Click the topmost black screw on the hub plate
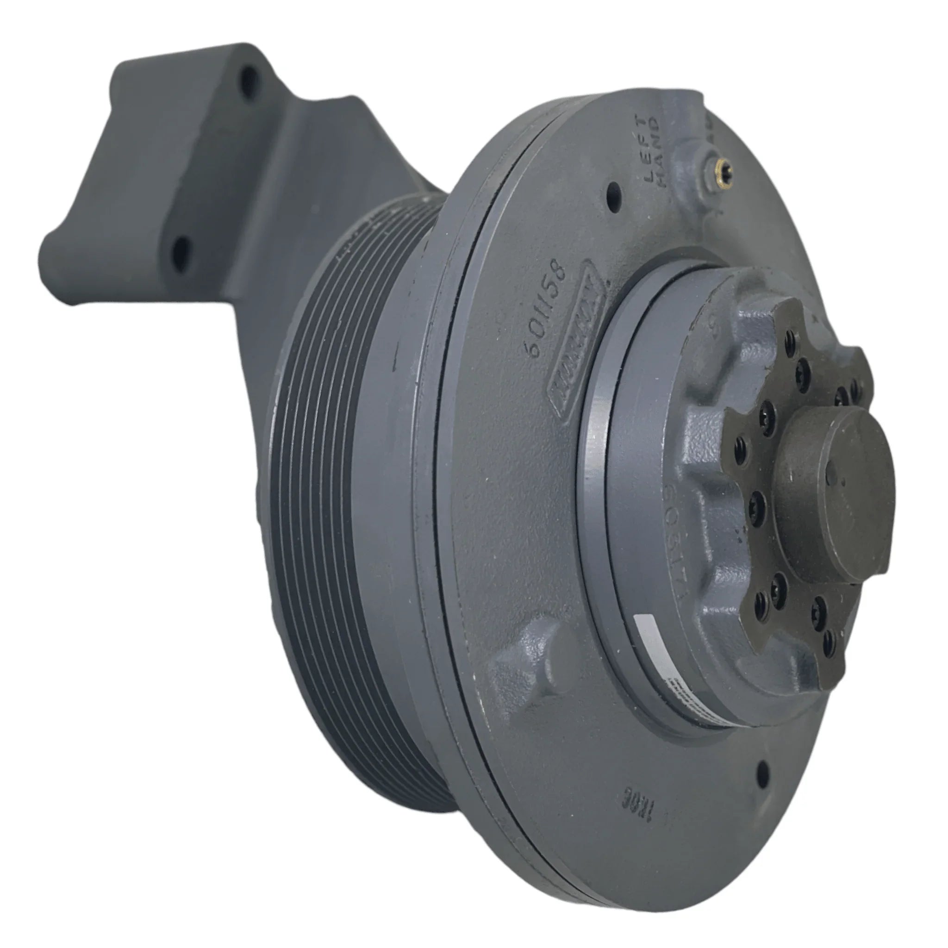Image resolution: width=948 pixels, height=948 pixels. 789,337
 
